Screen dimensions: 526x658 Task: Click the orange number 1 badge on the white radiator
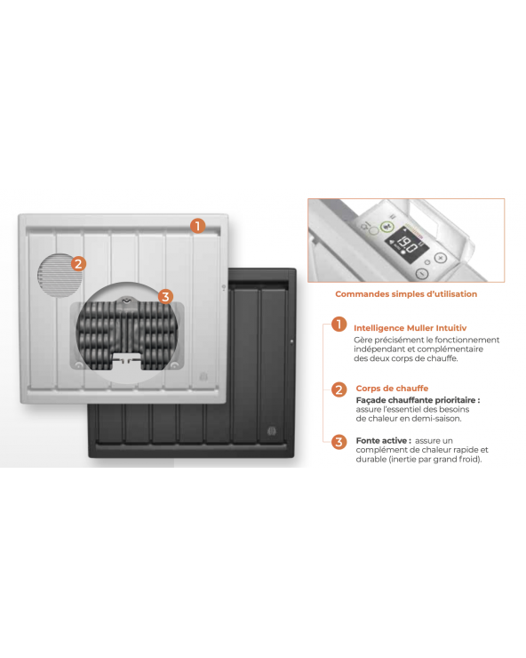pos(197,226)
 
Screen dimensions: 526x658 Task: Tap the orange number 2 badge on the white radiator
pos(78,264)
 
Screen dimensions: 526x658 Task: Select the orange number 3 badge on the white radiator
pos(165,297)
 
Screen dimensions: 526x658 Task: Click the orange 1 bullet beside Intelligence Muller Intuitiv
pos(339,325)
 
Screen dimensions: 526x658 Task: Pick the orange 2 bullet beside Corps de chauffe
pos(339,389)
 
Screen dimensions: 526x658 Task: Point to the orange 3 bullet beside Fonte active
pos(339,442)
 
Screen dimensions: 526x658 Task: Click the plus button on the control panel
pos(441,258)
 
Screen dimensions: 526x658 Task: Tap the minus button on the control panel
pos(421,274)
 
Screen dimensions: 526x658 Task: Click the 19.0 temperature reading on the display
pos(406,245)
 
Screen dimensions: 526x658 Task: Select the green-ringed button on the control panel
pos(387,227)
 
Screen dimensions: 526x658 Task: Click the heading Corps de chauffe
pos(392,389)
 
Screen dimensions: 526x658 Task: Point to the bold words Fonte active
pos(381,441)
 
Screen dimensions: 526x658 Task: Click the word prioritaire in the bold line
pos(455,400)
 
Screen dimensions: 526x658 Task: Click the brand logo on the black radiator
pos(272,431)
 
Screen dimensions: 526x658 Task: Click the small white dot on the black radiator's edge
pos(292,342)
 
